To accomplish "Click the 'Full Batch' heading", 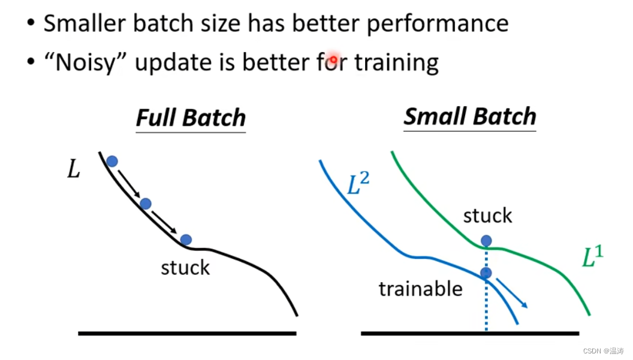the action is pyautogui.click(x=191, y=118).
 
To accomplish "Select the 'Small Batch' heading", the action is pyautogui.click(x=470, y=116).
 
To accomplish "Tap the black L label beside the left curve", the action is pyautogui.click(x=74, y=169).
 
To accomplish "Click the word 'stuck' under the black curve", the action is pyautogui.click(x=185, y=268).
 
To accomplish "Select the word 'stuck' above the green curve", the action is pyautogui.click(x=488, y=216).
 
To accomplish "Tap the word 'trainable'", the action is pyautogui.click(x=421, y=289).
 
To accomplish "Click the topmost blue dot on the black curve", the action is pyautogui.click(x=112, y=162).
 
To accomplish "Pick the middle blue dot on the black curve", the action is pyautogui.click(x=146, y=204).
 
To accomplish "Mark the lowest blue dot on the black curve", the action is pyautogui.click(x=186, y=240).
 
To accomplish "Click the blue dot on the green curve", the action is pyautogui.click(x=487, y=241).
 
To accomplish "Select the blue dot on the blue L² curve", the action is pyautogui.click(x=487, y=273).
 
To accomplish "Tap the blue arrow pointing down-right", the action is pyautogui.click(x=512, y=293).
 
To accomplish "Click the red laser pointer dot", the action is pyautogui.click(x=333, y=60).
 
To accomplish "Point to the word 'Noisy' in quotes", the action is pyautogui.click(x=85, y=62).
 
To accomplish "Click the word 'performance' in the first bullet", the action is pyautogui.click(x=438, y=24).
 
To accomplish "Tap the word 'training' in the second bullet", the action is pyautogui.click(x=396, y=62).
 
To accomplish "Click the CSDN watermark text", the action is pyautogui.click(x=604, y=351).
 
